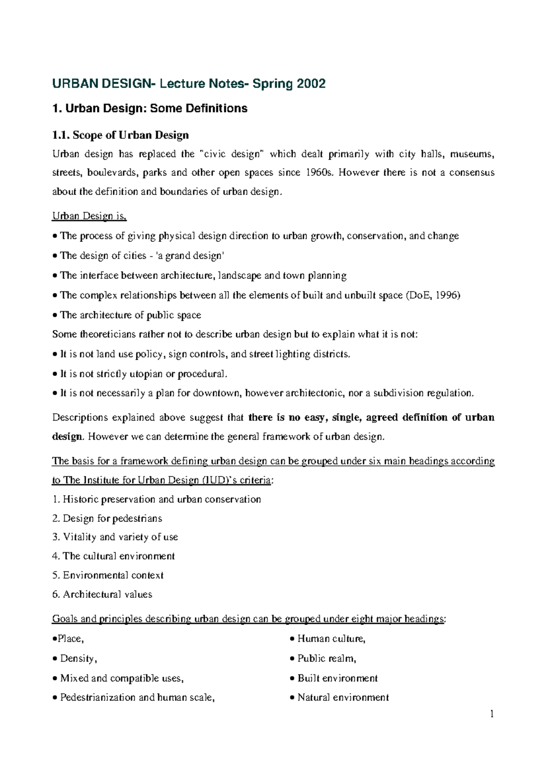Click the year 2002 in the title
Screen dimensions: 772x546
click(311, 84)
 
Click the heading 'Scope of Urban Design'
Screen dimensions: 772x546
click(131, 135)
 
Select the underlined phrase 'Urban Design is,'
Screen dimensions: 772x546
click(89, 216)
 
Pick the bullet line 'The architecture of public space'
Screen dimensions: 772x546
click(130, 315)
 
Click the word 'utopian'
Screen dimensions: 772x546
click(146, 374)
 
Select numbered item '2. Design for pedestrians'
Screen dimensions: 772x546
click(107, 518)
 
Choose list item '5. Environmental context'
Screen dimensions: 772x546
click(108, 575)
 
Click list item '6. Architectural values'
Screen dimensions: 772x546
click(102, 594)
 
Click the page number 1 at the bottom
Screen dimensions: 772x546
click(492, 714)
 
